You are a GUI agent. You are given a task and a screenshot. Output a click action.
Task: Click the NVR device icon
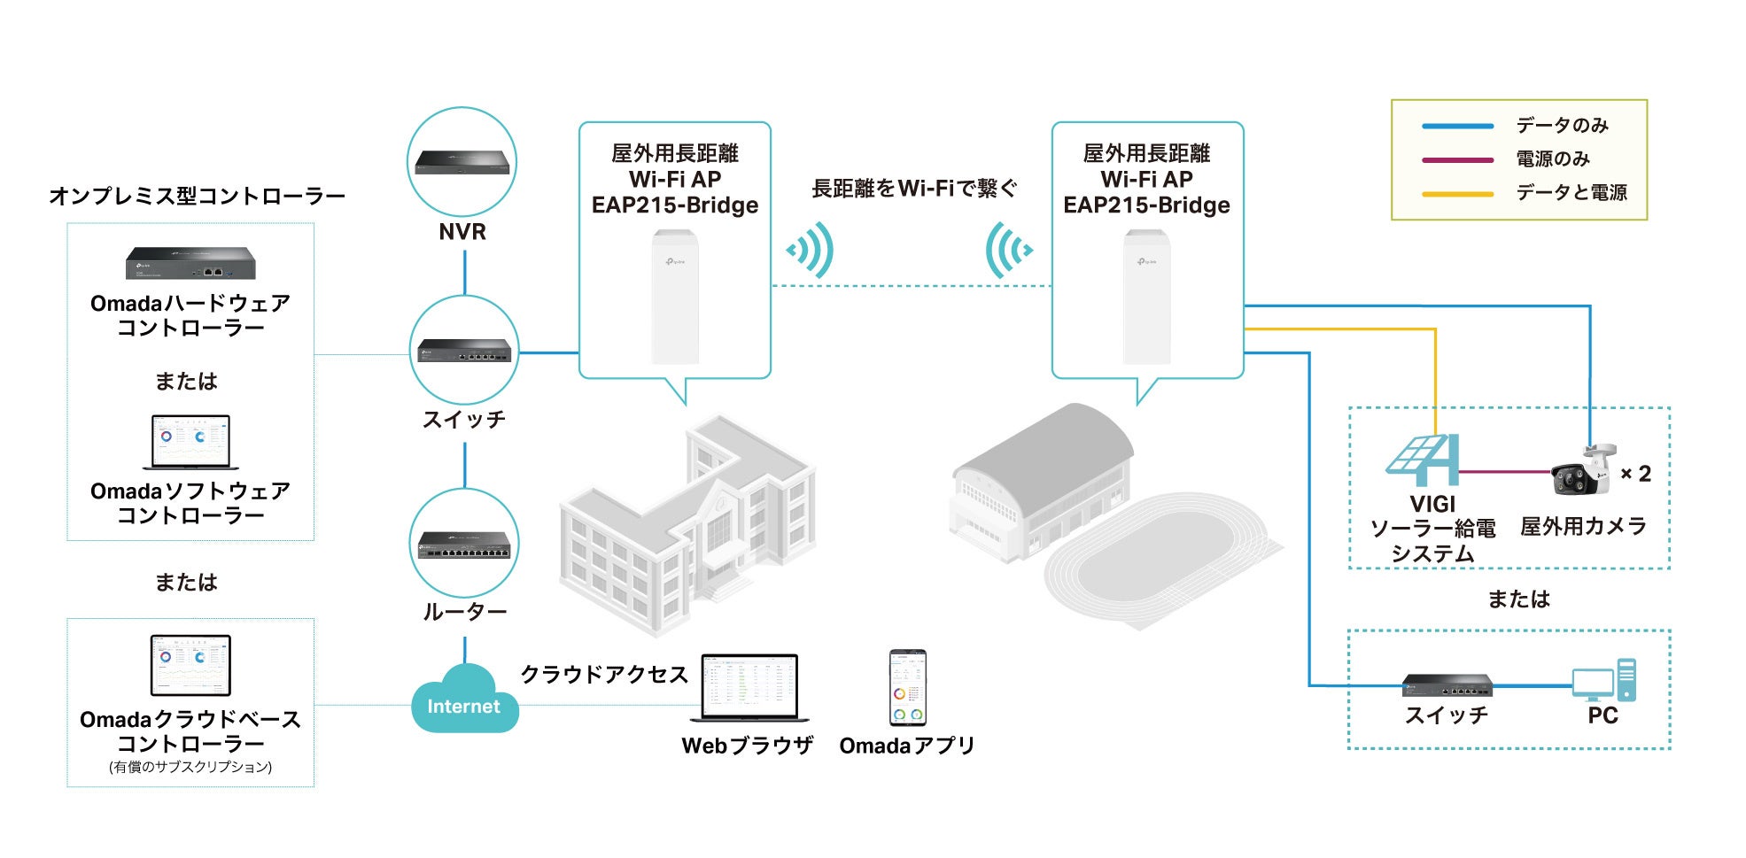coord(462,162)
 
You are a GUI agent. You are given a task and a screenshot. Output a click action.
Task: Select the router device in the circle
coord(464,545)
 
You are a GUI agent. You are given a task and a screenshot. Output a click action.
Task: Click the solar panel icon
coord(1423,460)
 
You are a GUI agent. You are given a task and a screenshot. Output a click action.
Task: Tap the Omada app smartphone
coord(907,688)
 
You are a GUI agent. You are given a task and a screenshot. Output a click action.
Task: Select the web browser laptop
coord(749,688)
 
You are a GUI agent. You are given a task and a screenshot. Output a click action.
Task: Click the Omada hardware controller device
coord(190,263)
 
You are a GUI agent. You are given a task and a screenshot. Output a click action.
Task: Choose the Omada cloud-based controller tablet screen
coord(190,665)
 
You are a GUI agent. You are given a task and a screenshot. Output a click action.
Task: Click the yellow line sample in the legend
coord(1457,194)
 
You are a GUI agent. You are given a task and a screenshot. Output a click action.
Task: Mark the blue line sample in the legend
coord(1457,126)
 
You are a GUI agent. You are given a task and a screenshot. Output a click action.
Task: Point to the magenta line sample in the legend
coord(1457,160)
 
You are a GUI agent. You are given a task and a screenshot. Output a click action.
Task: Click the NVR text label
coord(462,232)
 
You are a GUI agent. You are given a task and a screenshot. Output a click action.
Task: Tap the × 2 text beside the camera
coord(1635,474)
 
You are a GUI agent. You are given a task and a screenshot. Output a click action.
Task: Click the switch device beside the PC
coord(1447,684)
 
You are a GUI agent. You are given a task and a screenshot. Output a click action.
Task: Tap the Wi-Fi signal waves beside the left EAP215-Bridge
coord(811,250)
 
